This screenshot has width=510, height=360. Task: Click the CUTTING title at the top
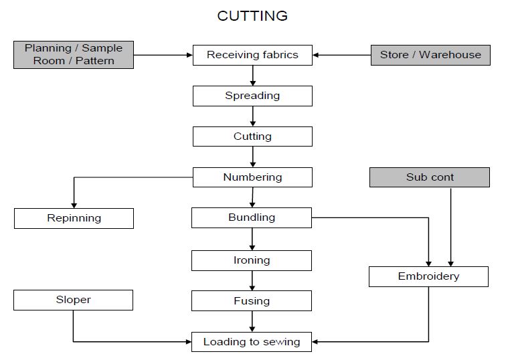252,15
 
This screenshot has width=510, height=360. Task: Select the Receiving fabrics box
252,55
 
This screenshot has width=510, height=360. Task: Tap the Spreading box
252,96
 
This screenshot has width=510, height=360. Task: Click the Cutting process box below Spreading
252,137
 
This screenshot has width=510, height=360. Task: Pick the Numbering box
252,177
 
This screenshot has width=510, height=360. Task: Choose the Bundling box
251,217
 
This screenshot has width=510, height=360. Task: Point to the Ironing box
251,260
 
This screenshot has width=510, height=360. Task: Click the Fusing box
251,301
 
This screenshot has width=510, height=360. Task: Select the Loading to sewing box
251,342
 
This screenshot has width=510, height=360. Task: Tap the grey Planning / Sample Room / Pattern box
74,54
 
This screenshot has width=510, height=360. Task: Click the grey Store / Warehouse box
430,55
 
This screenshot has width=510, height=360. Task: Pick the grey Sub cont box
430,177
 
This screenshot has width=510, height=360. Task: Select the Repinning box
74,218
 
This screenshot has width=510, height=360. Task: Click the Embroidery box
428,276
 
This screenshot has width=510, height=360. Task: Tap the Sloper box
73,300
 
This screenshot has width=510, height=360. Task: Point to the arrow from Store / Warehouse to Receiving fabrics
341,55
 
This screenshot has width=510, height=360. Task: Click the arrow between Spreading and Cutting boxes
252,116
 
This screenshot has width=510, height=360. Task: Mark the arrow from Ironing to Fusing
252,281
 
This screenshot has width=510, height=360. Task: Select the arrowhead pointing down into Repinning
74,204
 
